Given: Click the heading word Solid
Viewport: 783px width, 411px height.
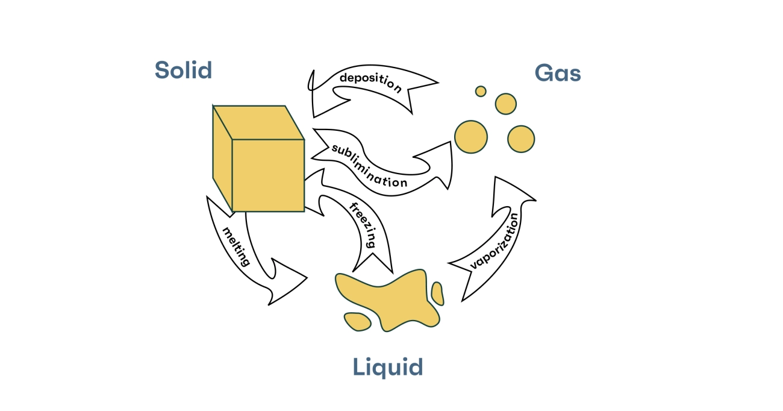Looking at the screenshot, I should (183, 71).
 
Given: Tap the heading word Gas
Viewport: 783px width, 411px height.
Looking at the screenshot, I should (558, 74).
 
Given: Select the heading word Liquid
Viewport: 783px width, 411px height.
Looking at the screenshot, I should (388, 367).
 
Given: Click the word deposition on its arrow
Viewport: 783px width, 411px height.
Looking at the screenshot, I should (370, 82).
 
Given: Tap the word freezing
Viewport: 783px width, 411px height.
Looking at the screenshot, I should (363, 225).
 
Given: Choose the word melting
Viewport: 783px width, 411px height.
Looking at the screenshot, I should (236, 246).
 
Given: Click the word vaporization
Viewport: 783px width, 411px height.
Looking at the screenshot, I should (494, 241).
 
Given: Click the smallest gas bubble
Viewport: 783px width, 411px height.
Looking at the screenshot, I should (481, 92).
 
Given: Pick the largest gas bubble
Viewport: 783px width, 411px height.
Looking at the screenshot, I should (470, 136).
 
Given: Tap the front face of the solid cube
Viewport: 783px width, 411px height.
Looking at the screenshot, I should (268, 175).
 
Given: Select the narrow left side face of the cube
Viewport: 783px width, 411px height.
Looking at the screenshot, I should (222, 158).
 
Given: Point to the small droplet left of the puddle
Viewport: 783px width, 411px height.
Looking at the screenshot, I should (357, 321).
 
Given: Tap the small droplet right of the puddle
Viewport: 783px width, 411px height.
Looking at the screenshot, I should (438, 293).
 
